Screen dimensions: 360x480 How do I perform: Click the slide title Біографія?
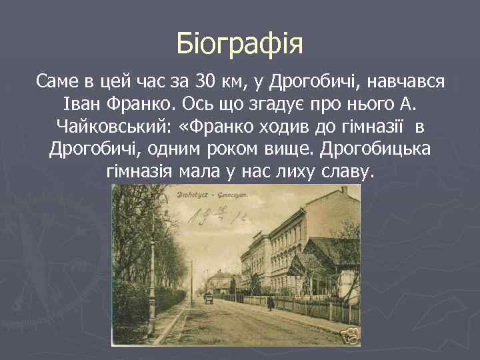pos(240,44)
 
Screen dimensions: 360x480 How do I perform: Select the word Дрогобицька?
pos(374,149)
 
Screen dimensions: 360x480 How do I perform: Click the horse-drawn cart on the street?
pos(208,298)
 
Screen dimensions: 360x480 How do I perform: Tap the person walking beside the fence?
pos(270,303)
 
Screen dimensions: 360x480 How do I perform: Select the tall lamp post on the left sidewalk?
pos(153,267)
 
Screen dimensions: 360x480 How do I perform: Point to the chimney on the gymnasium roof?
pos(345,191)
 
